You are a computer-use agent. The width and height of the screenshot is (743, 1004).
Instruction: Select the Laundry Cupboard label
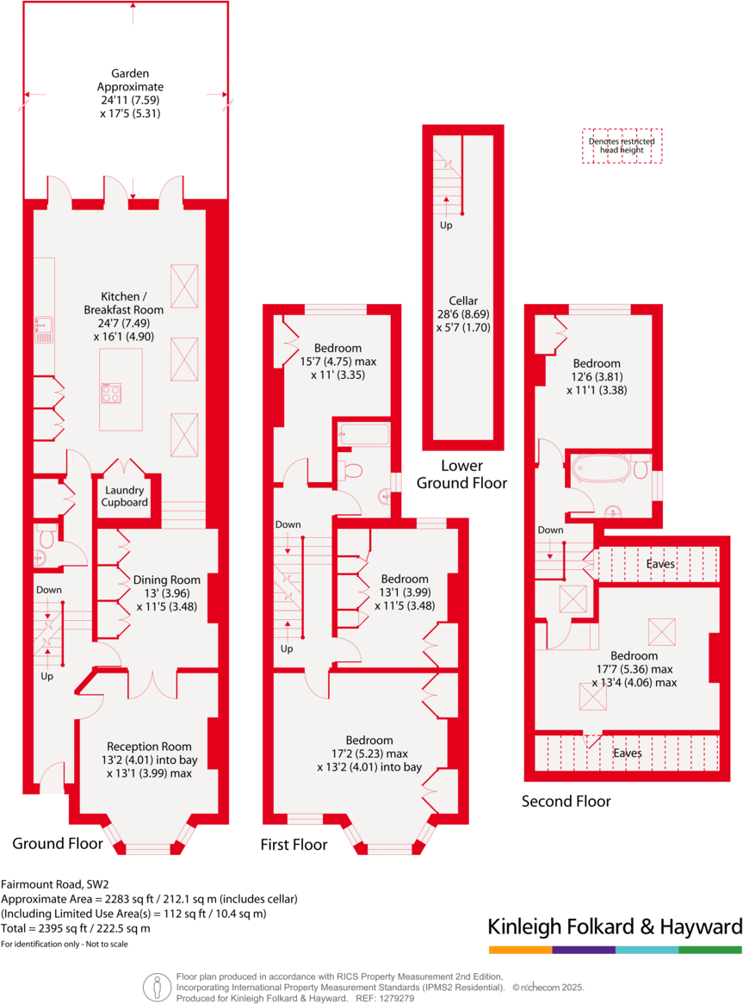tap(125, 496)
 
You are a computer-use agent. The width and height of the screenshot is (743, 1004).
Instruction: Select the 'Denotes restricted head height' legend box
tap(622, 146)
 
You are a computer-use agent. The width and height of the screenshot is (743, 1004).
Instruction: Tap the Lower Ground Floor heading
tap(461, 474)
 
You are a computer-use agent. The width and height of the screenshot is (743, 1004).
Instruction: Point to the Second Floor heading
tap(567, 802)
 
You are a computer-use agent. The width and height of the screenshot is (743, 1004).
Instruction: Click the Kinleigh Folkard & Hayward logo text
tap(615, 927)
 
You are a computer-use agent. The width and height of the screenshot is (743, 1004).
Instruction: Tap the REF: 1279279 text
tap(385, 999)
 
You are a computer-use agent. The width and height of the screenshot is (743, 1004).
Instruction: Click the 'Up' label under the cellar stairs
tap(446, 226)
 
